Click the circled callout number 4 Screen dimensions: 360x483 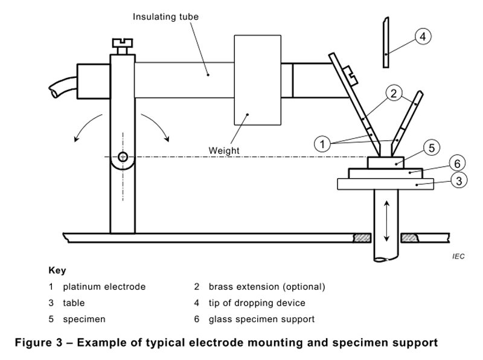pos(423,36)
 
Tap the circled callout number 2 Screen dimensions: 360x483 pos(393,94)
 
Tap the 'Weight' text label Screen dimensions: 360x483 pos(224,150)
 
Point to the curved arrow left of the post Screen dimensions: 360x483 pos(86,126)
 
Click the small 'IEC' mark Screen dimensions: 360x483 pos(458,257)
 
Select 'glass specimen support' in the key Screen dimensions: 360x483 pos(261,319)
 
